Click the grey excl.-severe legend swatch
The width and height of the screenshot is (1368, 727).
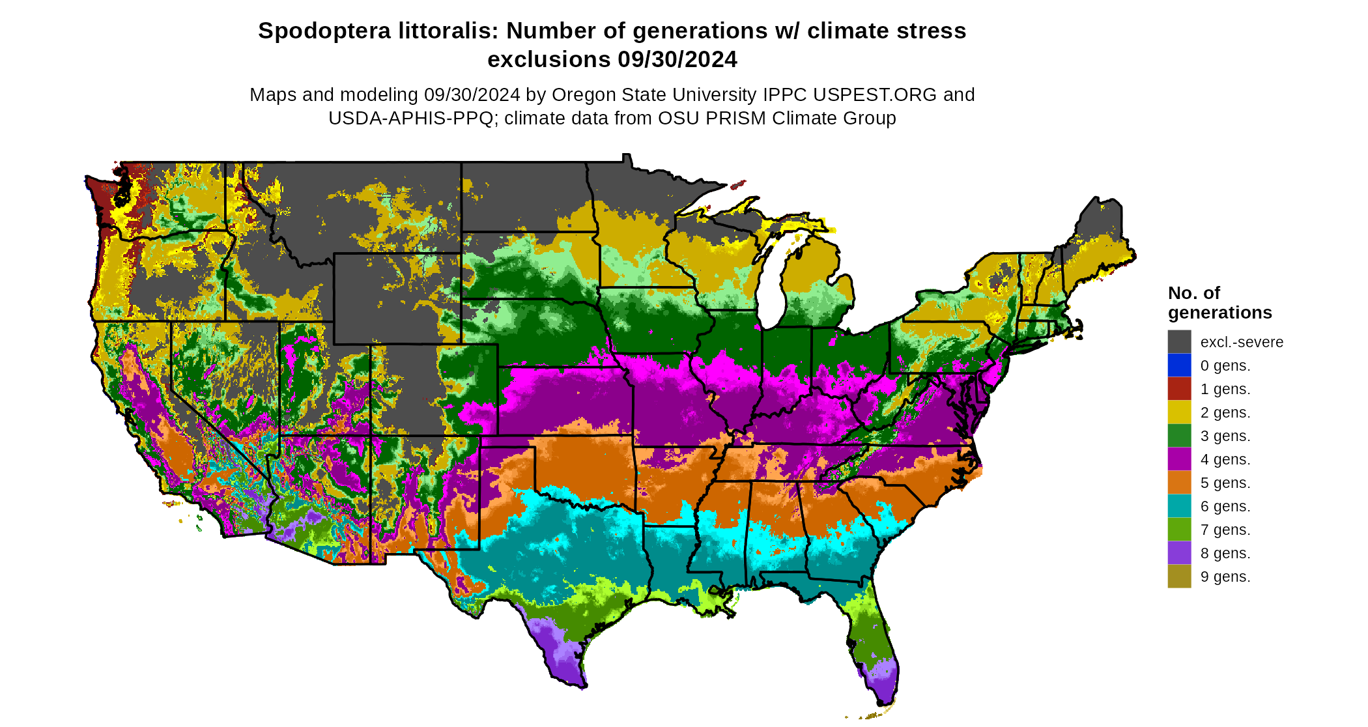coord(1179,342)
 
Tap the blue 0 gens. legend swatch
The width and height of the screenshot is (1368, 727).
coord(1179,365)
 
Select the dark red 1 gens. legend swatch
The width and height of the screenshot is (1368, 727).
coord(1179,389)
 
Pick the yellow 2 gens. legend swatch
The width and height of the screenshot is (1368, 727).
coord(1179,412)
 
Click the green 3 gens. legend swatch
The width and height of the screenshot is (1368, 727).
coord(1179,436)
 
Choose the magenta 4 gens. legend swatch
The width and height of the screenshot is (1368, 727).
coord(1179,459)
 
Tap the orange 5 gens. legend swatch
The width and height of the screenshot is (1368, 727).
coord(1179,483)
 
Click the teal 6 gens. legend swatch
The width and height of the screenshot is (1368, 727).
coord(1179,506)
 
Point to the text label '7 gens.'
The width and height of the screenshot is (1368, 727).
coord(1225,530)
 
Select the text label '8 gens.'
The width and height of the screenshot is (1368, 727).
coord(1225,553)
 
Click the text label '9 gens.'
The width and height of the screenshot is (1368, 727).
coord(1225,577)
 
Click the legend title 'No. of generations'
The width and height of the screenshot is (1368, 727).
coord(1219,303)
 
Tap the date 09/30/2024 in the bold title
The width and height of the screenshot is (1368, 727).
coord(677,59)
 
